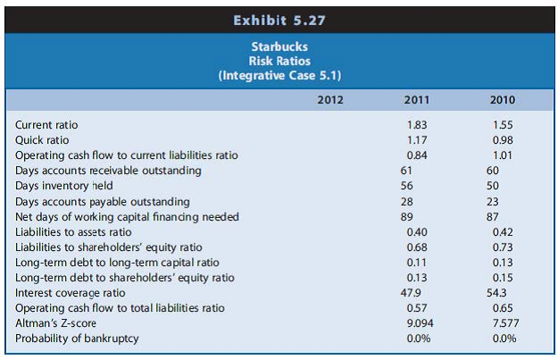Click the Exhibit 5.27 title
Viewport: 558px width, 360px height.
(279, 16)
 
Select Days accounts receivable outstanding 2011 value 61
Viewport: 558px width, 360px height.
(404, 170)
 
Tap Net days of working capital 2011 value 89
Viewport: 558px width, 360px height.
(404, 216)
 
